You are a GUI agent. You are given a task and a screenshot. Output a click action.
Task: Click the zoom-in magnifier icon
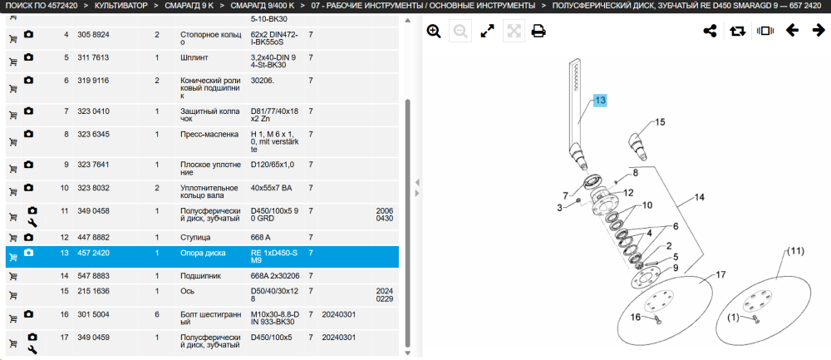(434, 32)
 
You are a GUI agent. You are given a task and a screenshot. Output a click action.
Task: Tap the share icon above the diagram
(710, 31)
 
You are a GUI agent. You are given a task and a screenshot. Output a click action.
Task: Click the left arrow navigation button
(792, 30)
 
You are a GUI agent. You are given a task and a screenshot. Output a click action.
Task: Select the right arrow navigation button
(819, 30)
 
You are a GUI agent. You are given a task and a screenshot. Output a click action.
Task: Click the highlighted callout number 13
(599, 101)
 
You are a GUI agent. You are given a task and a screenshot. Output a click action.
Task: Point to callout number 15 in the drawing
(659, 122)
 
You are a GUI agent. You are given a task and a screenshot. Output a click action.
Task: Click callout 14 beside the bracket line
(700, 197)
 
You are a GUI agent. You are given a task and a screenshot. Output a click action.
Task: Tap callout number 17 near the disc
(720, 274)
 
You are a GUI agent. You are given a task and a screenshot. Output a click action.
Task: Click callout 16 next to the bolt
(636, 317)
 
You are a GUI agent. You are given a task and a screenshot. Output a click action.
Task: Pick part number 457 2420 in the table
(93, 253)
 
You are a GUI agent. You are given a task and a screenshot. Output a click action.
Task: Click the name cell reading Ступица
(195, 237)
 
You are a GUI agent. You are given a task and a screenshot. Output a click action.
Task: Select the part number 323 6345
(93, 134)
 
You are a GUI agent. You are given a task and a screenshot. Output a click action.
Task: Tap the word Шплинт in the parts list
(194, 57)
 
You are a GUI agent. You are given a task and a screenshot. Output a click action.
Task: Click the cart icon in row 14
(13, 276)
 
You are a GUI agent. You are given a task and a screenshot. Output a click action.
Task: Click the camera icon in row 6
(28, 80)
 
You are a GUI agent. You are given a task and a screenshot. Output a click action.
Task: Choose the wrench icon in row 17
(32, 349)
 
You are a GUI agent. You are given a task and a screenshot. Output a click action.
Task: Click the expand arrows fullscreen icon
(487, 32)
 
